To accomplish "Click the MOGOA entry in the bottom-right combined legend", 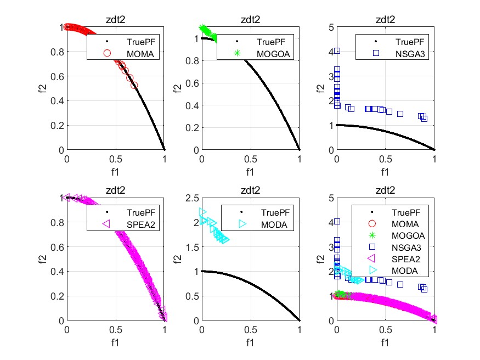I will [404, 235].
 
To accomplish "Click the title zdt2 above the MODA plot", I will [251, 190].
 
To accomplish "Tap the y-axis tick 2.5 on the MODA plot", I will [192, 198].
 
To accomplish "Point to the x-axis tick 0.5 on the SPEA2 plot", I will [116, 329].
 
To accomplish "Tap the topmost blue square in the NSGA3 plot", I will [337, 50].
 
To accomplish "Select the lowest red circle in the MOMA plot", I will [134, 85].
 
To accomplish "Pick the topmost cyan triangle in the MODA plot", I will [202, 212].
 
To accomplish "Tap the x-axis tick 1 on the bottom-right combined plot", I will [434, 329].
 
